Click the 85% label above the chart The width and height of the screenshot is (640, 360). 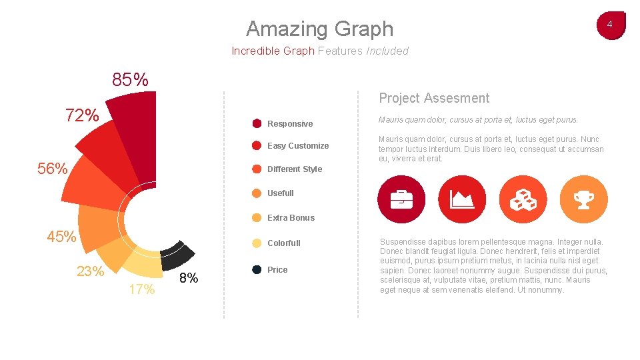point(130,81)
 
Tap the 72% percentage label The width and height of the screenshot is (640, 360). point(82,115)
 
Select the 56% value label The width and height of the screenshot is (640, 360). point(53,169)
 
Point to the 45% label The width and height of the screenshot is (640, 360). point(61,237)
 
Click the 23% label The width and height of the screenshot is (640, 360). point(90,271)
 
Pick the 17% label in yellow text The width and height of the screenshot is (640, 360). point(142,289)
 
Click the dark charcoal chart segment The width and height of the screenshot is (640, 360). point(177,255)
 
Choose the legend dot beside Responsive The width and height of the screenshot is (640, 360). point(257,123)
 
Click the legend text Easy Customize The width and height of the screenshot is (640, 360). point(298,146)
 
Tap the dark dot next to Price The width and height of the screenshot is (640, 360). point(257,270)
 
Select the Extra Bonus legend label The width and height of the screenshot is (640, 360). point(291,218)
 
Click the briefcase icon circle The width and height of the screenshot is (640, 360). point(401,199)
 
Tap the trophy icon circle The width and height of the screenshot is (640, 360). point(584,199)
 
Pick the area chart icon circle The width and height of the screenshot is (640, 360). point(462,199)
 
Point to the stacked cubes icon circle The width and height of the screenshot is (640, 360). point(523,199)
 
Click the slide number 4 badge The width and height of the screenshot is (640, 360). point(610,25)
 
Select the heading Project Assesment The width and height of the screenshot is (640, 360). point(434,98)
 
